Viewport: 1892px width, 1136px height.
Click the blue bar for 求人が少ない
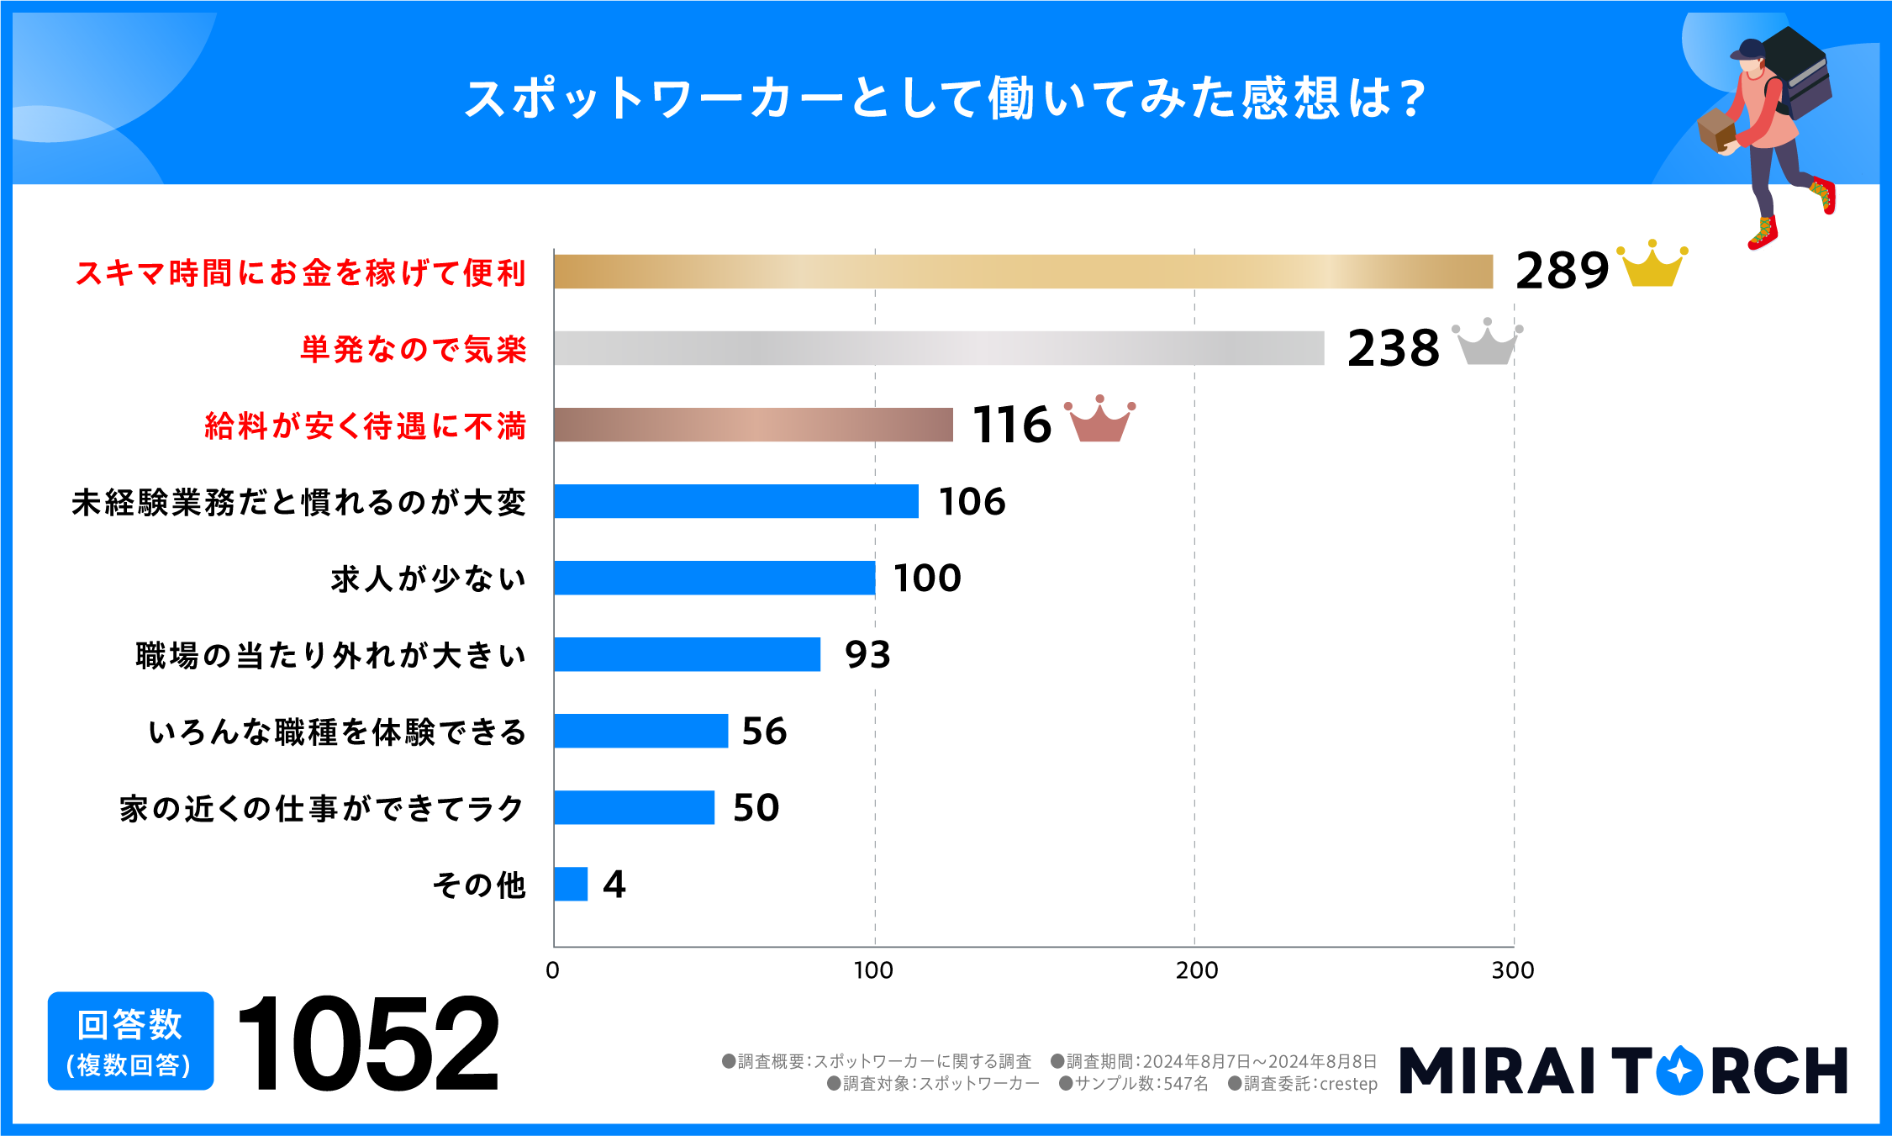click(x=714, y=578)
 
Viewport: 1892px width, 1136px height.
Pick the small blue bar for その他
click(x=571, y=884)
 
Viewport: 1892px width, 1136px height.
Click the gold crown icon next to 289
click(x=1652, y=267)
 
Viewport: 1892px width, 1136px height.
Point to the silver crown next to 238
click(x=1487, y=344)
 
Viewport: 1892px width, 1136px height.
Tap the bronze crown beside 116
click(x=1099, y=420)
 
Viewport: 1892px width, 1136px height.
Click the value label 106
click(x=972, y=502)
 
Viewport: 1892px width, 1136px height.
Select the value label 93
click(x=867, y=655)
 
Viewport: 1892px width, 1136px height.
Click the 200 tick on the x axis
click(x=1196, y=970)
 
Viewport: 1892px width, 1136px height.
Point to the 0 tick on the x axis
click(x=552, y=970)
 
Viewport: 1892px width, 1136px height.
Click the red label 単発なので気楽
click(x=414, y=349)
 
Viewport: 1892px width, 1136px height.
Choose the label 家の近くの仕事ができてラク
click(x=322, y=809)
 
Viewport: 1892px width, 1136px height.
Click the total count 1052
click(x=368, y=1044)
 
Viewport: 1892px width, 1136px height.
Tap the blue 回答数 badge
click(x=130, y=1041)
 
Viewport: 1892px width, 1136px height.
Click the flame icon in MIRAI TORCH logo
click(x=1679, y=1070)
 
